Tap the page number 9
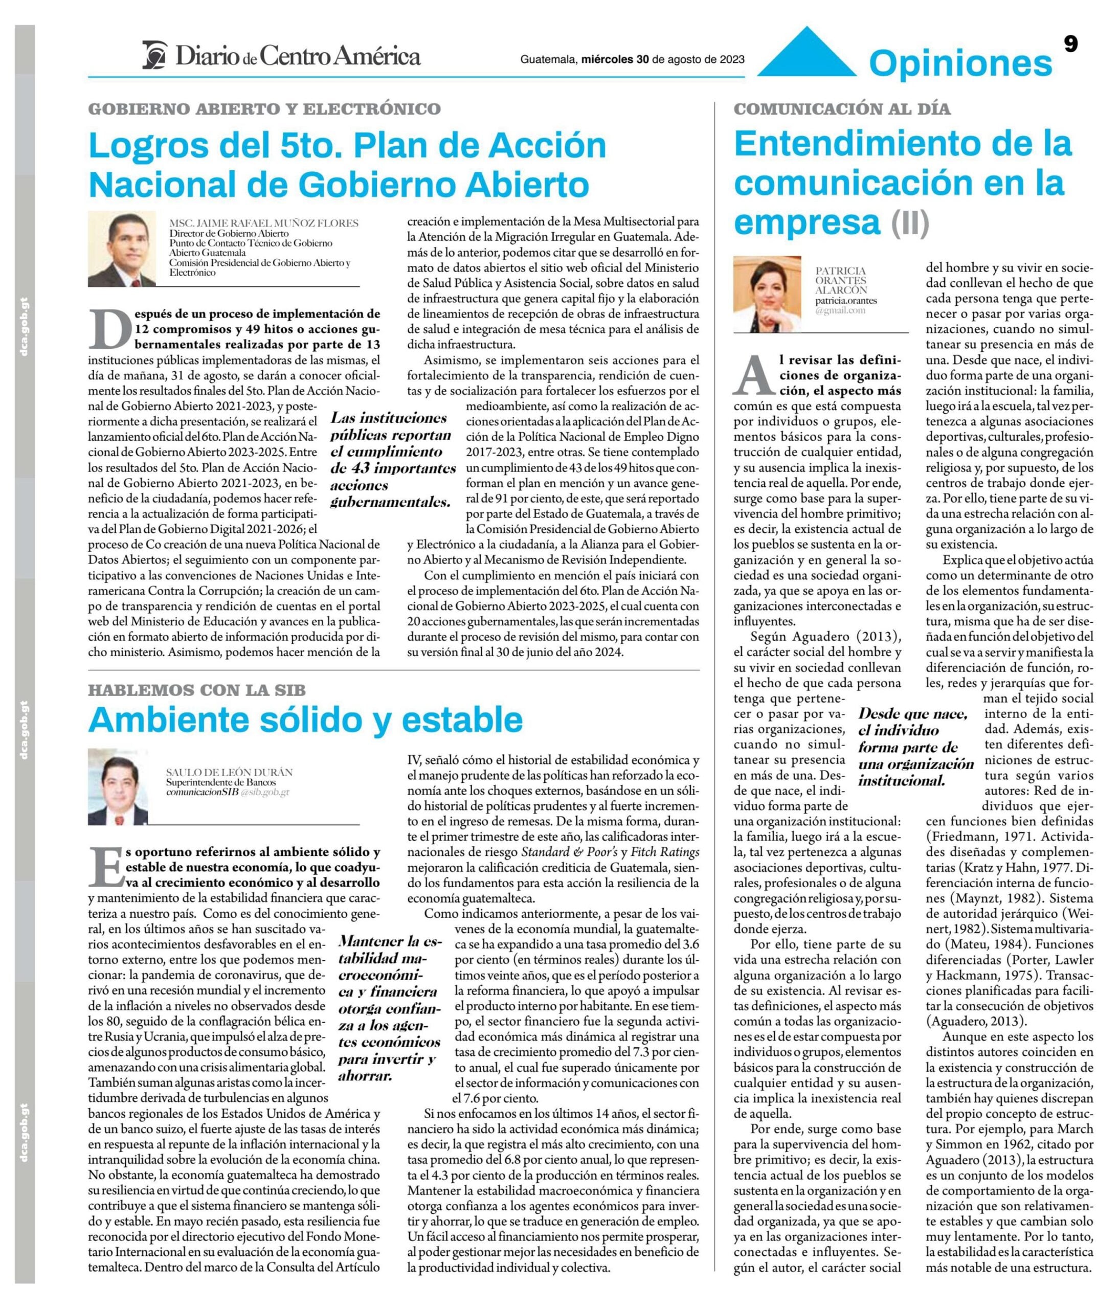click(1070, 44)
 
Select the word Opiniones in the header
click(960, 64)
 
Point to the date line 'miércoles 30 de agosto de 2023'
click(663, 59)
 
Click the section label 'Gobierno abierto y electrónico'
click(264, 109)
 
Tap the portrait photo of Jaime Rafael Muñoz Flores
click(121, 249)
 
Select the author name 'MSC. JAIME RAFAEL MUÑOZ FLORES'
click(263, 223)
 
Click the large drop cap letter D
click(110, 328)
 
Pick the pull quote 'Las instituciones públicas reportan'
click(392, 459)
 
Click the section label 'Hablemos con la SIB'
click(196, 690)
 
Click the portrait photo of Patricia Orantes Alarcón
click(766, 294)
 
